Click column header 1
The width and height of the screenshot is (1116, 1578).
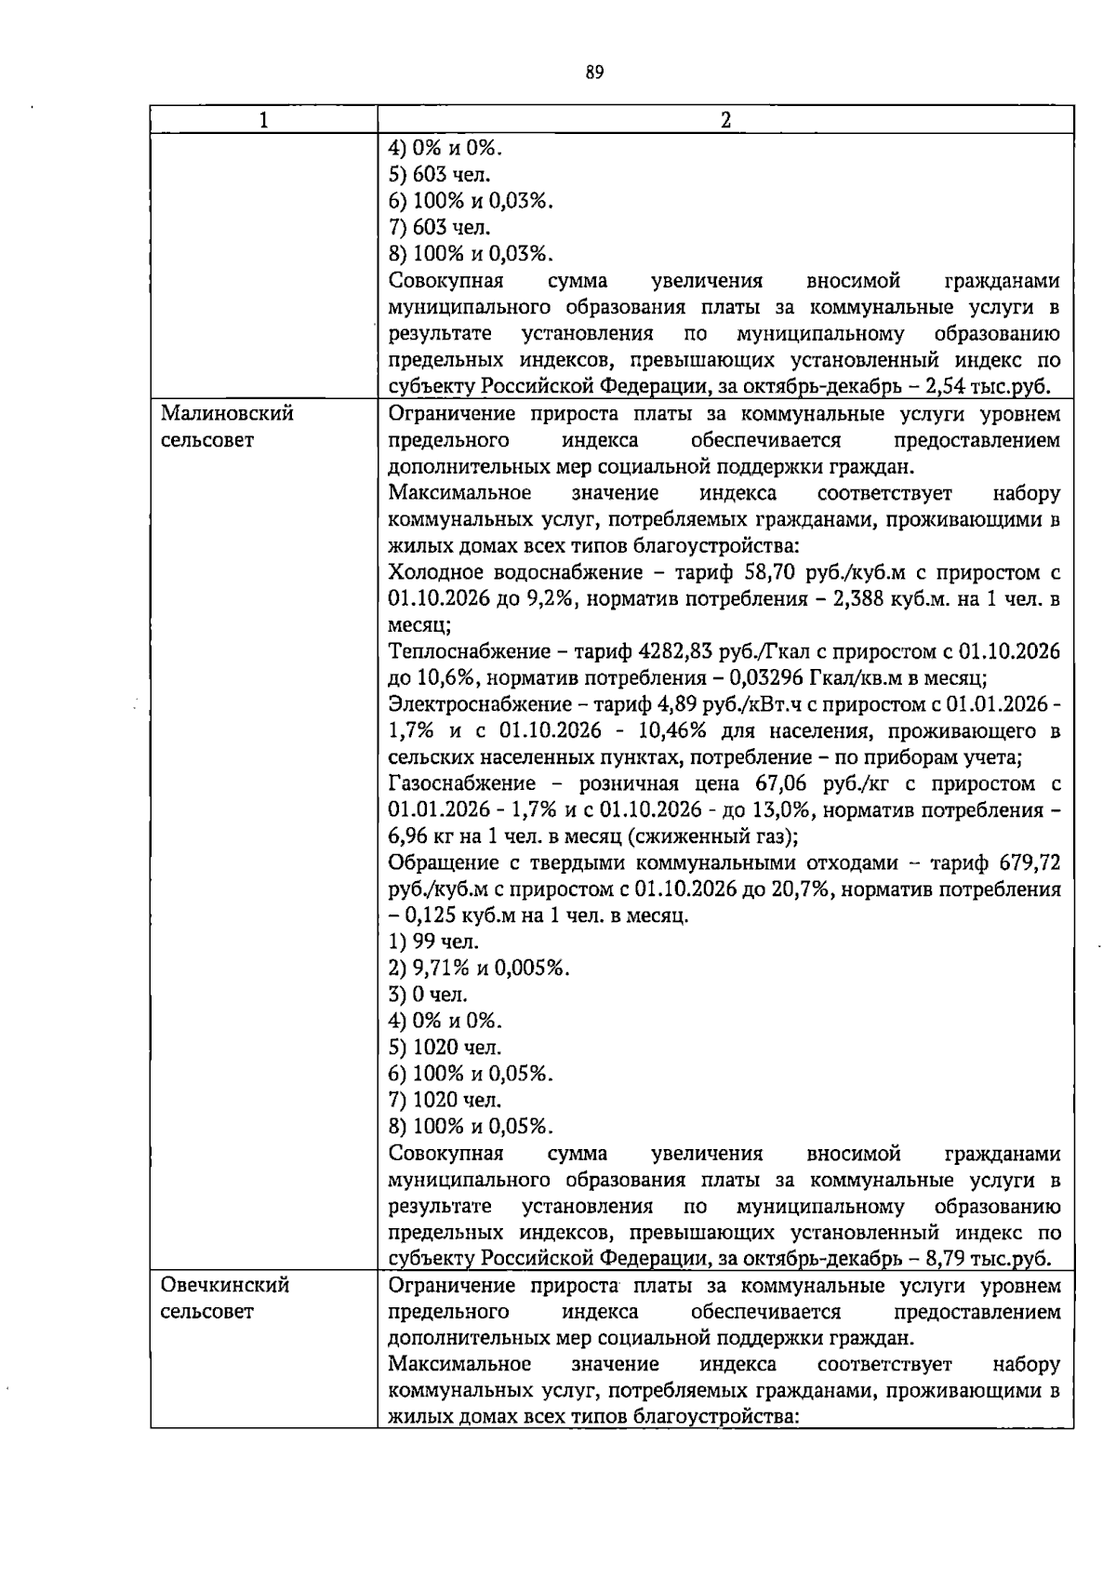tap(264, 120)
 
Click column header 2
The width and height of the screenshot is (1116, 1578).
tap(725, 120)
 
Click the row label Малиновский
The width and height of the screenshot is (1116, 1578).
tap(227, 413)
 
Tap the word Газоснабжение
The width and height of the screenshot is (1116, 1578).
tap(461, 783)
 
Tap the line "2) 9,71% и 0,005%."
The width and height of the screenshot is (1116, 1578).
tap(478, 968)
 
